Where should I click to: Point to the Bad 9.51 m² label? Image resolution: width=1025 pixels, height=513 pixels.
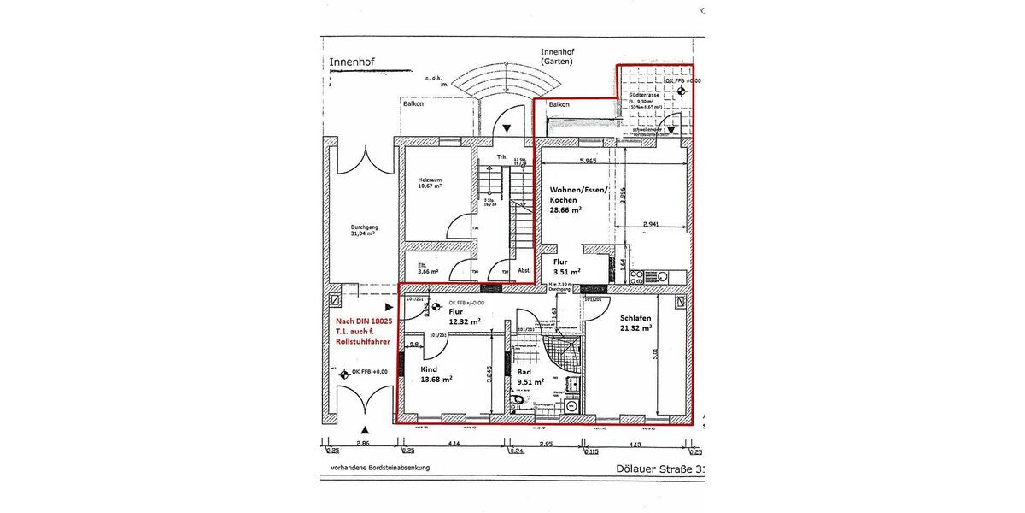coord(530,378)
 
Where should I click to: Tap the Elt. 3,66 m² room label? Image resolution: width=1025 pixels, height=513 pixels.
coord(423,268)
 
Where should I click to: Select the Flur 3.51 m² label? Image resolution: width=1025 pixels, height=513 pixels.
coord(566,267)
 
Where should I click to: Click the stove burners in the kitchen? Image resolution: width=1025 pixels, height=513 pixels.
coord(636,276)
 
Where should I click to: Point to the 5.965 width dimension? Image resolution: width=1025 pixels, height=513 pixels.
coord(588,161)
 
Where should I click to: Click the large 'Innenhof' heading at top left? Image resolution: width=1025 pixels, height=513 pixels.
coord(352,62)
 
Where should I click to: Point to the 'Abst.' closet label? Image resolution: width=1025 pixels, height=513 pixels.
coord(524,271)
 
